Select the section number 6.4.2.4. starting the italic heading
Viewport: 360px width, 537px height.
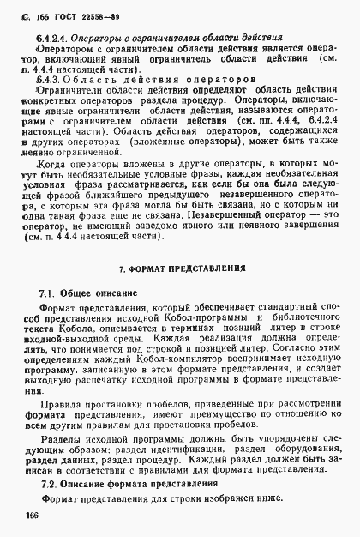click(44, 39)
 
